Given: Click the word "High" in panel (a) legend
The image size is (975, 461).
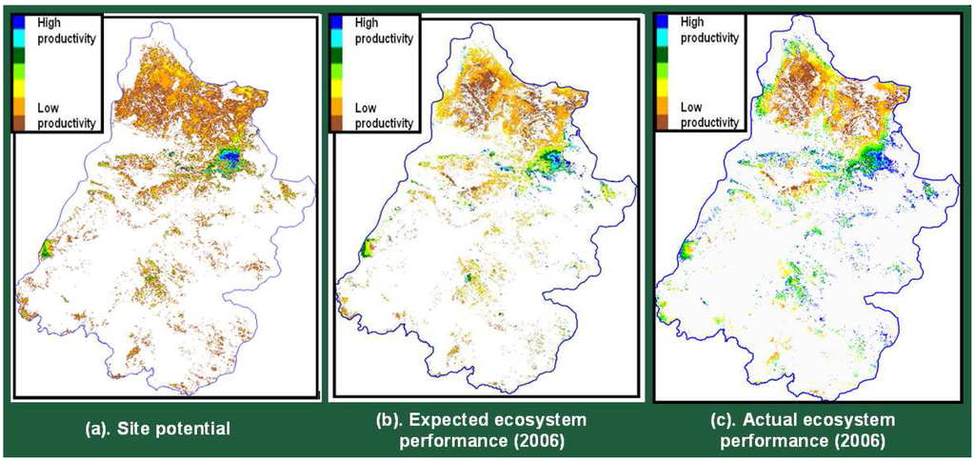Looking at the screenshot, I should coord(48,21).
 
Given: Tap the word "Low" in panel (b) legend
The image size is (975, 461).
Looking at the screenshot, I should coord(367,109).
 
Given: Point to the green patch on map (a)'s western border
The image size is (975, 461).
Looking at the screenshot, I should coord(45,251).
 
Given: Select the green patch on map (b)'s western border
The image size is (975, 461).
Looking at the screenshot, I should coord(364,250).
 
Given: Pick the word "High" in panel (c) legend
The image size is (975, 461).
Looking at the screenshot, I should coord(691,20).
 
